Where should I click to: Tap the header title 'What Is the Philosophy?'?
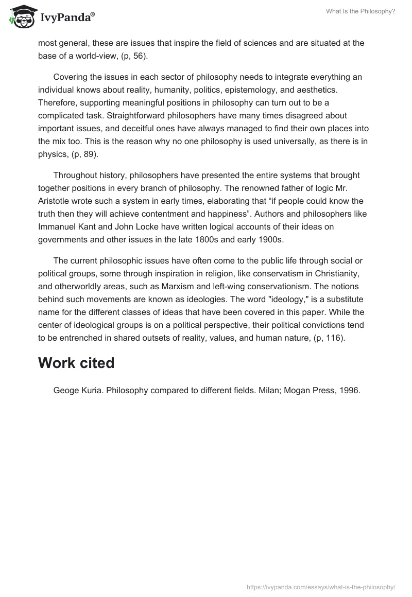360,11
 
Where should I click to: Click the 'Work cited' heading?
76,363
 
